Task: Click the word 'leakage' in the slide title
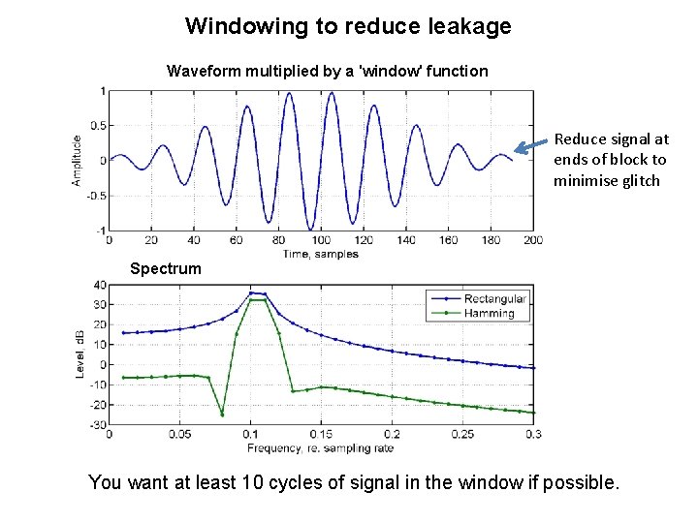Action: point(468,26)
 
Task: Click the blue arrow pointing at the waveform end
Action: point(530,147)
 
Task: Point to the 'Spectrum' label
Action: point(166,268)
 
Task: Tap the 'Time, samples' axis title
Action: point(320,254)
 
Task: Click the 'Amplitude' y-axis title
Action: point(77,160)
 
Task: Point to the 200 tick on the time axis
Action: point(532,240)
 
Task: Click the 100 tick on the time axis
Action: point(320,240)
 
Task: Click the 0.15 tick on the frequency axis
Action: point(320,435)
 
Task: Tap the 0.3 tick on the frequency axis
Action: point(532,435)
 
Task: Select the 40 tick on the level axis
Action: point(99,285)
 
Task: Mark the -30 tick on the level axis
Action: point(97,425)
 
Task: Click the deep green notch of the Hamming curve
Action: point(222,415)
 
